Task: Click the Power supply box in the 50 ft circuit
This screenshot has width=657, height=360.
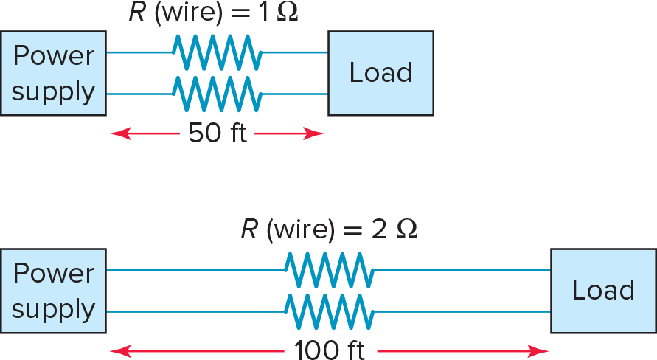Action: point(53,73)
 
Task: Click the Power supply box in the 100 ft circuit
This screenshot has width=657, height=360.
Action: point(53,291)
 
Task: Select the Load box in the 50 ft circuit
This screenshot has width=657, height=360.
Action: point(380,73)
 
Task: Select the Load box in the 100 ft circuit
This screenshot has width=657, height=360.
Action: point(603,291)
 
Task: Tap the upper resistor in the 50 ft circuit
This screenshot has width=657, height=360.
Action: point(217,52)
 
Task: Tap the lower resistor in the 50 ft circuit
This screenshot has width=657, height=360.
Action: point(217,94)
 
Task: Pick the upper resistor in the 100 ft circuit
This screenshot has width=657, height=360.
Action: point(329,270)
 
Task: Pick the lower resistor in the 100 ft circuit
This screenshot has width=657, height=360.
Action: point(329,311)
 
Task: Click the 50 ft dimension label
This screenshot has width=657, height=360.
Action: point(217,134)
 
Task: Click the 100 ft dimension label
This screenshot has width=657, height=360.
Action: point(329,350)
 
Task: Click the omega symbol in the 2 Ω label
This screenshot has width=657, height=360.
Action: point(406,230)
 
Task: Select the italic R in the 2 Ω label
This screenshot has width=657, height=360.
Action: point(248,230)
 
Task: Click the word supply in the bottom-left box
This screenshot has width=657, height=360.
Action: point(53,309)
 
